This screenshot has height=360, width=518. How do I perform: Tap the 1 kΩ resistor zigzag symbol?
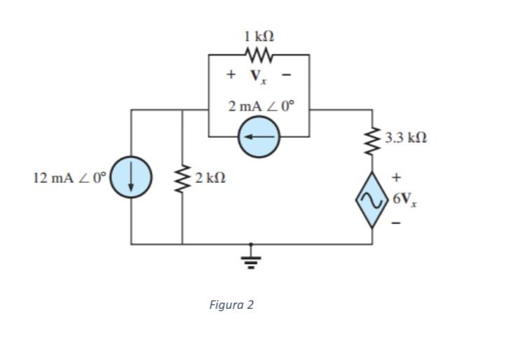click(x=259, y=54)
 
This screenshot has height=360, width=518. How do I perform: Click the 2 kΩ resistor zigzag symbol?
click(x=183, y=178)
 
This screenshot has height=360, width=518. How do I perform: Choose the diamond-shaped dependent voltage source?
click(x=372, y=199)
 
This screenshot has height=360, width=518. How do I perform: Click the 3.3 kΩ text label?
click(x=406, y=138)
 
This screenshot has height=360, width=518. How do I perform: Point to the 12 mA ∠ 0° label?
click(x=69, y=177)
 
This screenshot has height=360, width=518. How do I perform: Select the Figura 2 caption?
click(x=231, y=305)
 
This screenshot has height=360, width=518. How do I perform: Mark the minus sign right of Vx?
click(x=286, y=74)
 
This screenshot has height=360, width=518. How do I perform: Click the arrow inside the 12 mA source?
click(x=131, y=178)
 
